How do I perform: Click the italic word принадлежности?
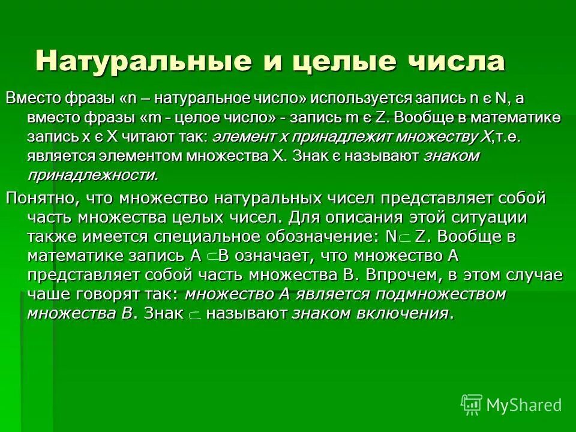(x=93, y=175)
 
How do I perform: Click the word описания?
(x=363, y=217)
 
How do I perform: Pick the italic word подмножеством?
(x=440, y=295)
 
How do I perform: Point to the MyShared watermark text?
(x=524, y=405)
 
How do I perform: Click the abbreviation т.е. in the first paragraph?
(x=507, y=137)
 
